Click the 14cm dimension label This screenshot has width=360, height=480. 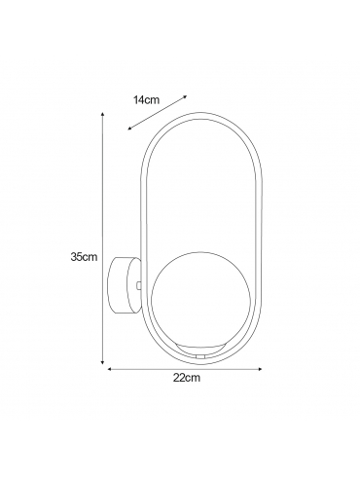pos(147,100)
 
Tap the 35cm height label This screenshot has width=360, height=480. pos(84,257)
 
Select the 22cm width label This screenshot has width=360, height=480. pos(187,378)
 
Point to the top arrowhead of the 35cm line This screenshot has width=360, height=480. pos(102,115)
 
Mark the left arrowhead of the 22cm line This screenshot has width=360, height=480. pos(110,369)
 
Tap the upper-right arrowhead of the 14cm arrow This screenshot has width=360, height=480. pos(185,96)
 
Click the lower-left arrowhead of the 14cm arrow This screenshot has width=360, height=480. pos(130,129)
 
